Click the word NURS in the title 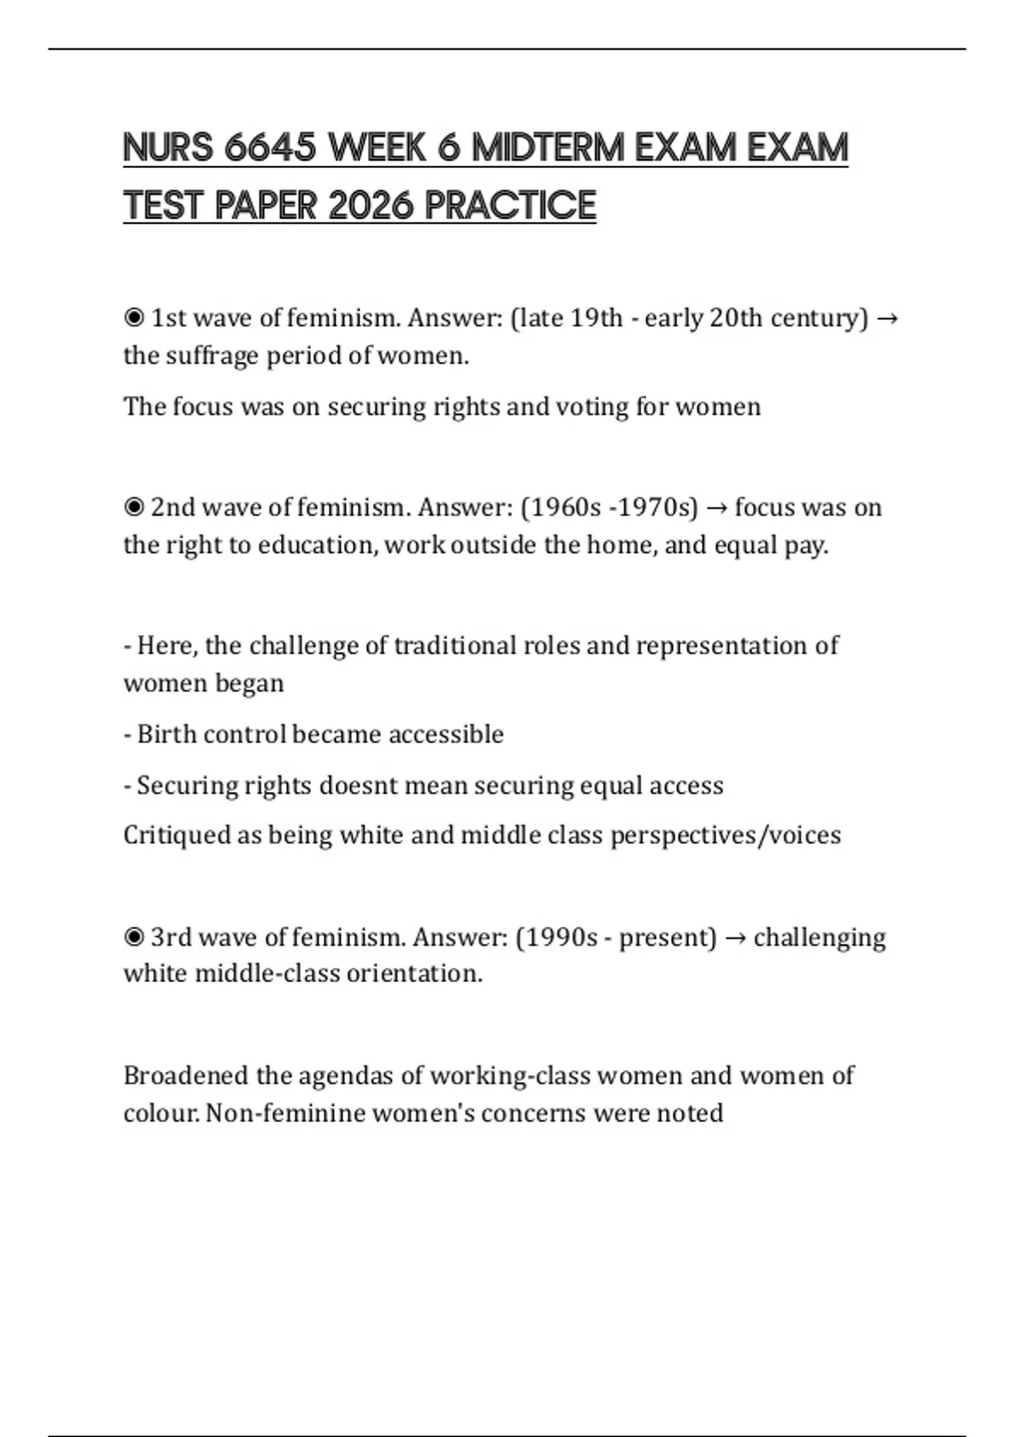168,148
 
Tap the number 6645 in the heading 270,148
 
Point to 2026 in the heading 370,205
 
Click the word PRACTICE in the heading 511,205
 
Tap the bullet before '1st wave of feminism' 134,318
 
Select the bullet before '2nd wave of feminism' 134,507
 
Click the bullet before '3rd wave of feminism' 134,937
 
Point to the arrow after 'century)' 888,318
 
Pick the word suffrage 211,356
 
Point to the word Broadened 186,1075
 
